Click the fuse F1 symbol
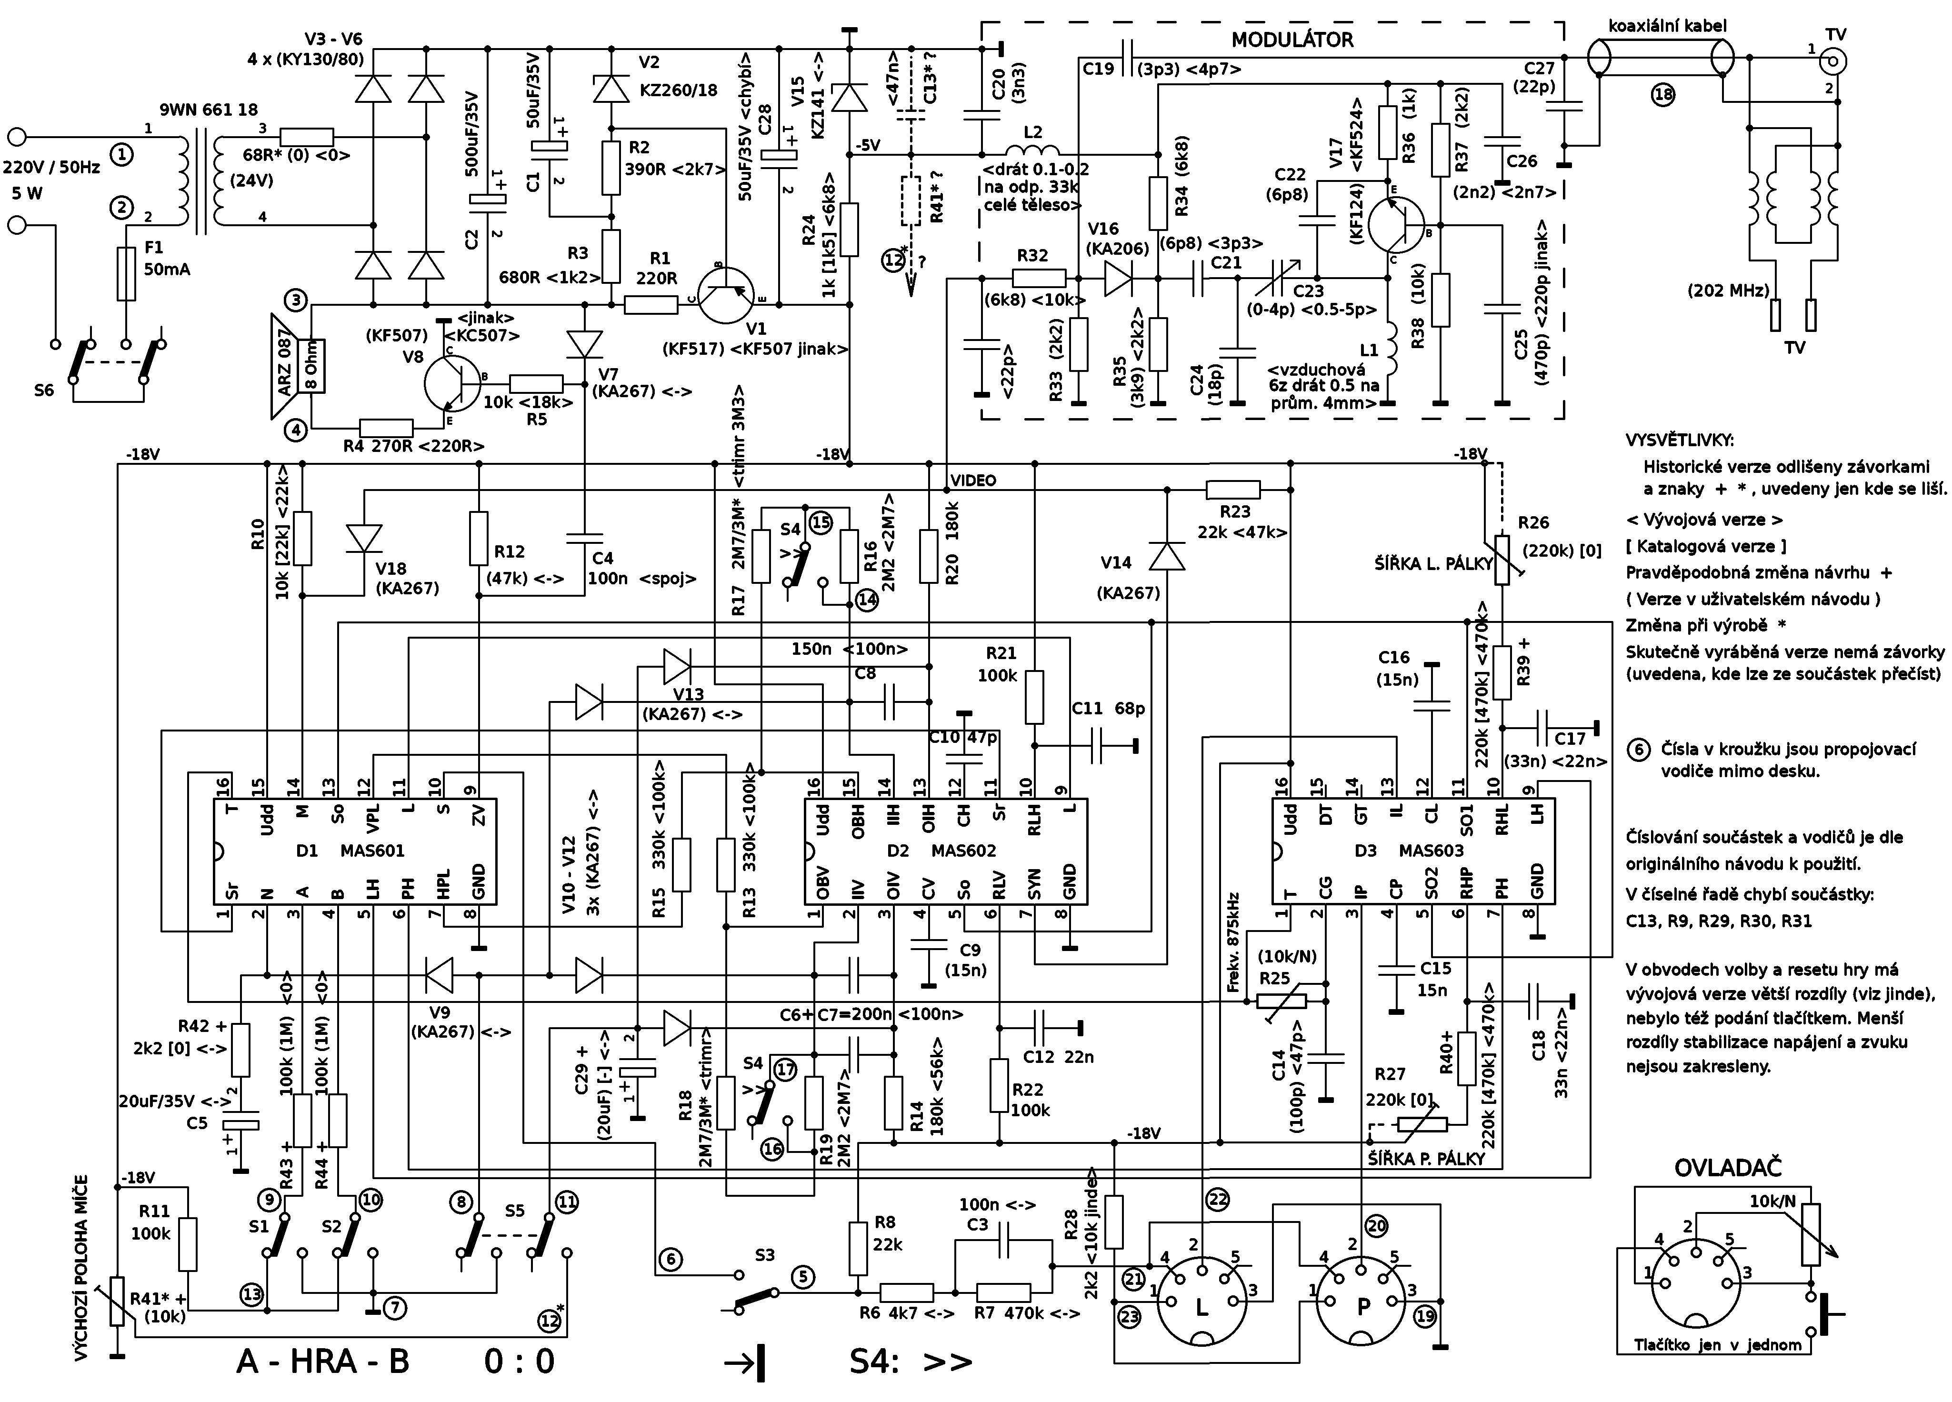coord(126,274)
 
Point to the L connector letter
coord(1201,1306)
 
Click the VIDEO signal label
coord(973,480)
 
